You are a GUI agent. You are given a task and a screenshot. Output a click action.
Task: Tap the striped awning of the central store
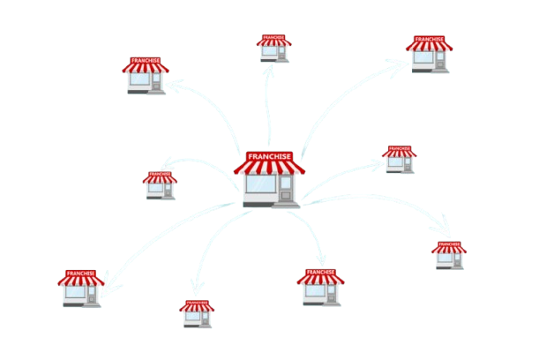pos(269,167)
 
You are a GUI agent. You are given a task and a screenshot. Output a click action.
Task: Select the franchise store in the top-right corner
pos(430,54)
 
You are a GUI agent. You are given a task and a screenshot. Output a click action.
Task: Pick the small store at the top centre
pos(273,48)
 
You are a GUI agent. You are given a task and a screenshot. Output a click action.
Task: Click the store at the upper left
pos(145,76)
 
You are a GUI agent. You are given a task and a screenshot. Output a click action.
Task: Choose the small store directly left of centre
pos(160,184)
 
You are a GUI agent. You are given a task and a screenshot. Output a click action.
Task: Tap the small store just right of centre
pos(399,160)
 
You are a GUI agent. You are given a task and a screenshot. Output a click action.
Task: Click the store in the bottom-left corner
pos(81,288)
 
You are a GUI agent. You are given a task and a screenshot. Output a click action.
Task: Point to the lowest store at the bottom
pos(198,314)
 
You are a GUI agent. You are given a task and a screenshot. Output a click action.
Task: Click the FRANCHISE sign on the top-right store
pos(430,39)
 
